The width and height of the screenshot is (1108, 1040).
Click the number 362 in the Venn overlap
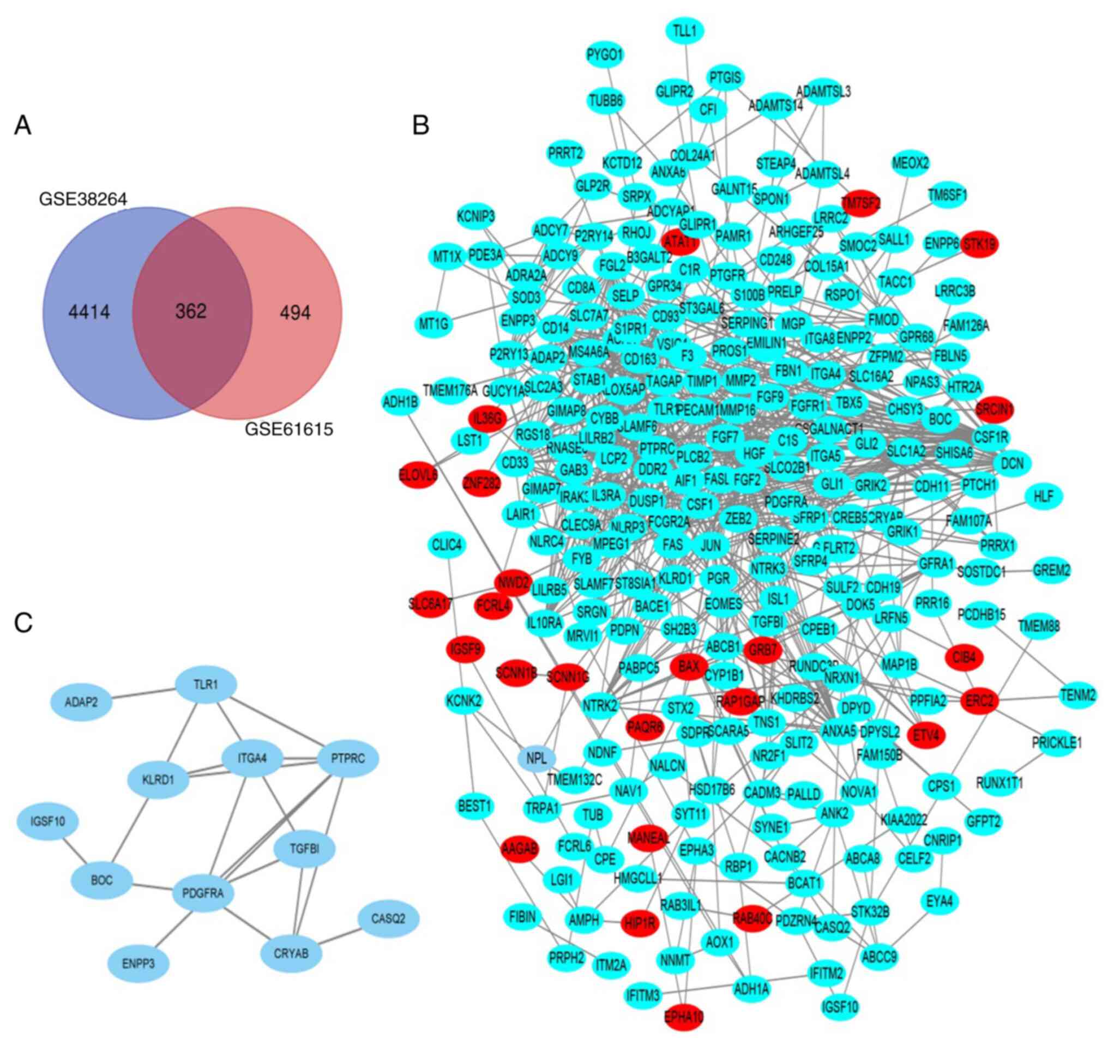(x=191, y=311)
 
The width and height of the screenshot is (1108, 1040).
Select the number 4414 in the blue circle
(x=89, y=312)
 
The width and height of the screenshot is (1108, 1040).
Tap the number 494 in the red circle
(x=295, y=313)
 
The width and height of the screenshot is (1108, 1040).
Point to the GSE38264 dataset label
(x=83, y=199)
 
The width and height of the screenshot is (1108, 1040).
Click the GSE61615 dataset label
(x=288, y=429)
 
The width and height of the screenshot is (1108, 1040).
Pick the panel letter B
(x=421, y=126)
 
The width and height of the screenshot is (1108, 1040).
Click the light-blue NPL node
(x=537, y=758)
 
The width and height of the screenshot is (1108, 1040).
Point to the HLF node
(x=1043, y=496)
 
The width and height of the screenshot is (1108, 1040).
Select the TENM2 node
(x=1078, y=695)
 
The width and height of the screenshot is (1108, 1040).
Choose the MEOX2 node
(x=911, y=164)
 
